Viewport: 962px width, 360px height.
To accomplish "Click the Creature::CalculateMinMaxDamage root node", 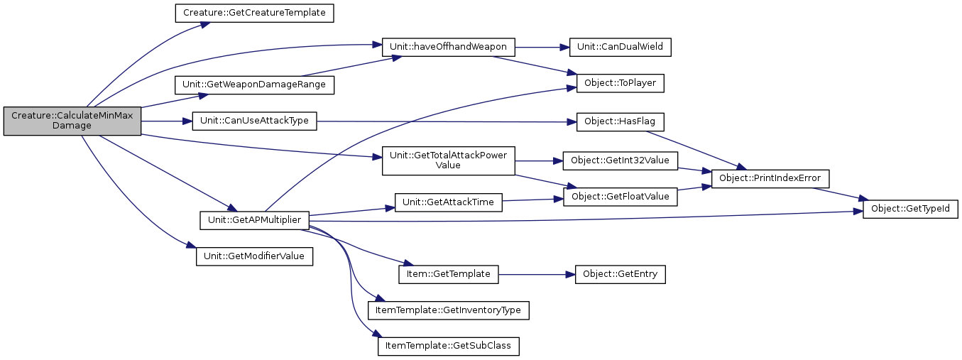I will pos(72,121).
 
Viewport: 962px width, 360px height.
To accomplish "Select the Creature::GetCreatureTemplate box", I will pos(254,13).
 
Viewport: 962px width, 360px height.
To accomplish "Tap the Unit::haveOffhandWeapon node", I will pos(448,47).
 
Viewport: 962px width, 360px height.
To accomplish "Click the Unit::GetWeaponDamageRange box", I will pos(254,84).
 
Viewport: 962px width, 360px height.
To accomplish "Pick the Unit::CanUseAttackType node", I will pos(254,121).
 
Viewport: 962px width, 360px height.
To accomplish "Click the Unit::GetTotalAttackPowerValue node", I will pos(448,160).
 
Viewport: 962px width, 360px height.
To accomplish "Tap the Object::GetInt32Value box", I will pos(620,160).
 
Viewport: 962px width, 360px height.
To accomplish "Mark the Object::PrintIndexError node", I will pos(773,178).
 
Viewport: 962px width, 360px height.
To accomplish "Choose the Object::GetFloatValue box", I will pos(620,196).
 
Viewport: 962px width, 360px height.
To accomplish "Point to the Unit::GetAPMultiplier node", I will pos(254,219).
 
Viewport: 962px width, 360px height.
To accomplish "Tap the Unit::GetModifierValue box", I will pos(254,256).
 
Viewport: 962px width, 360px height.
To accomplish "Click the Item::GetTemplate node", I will pos(448,273).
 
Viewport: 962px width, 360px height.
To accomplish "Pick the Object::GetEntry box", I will pos(620,273).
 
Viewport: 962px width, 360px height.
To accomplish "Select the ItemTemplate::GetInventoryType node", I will pos(448,310).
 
